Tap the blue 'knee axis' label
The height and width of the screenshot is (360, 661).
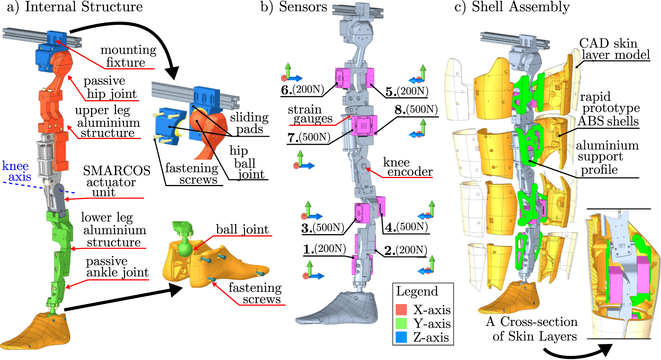16,171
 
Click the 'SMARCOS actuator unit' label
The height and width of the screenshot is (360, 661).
116,181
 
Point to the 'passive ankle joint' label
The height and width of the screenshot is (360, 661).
117,267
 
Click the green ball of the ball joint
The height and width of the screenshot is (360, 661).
185,249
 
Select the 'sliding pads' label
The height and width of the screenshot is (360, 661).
249,123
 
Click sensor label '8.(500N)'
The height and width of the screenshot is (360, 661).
416,110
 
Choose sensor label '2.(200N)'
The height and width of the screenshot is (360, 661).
406,250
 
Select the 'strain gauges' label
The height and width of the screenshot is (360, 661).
310,114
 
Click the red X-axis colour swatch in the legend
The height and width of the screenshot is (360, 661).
401,309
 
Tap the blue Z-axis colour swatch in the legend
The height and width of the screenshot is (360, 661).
401,337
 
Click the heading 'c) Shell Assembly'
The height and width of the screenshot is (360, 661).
512,7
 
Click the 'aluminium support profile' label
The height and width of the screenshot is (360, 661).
607,157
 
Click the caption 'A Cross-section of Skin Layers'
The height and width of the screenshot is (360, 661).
532,329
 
